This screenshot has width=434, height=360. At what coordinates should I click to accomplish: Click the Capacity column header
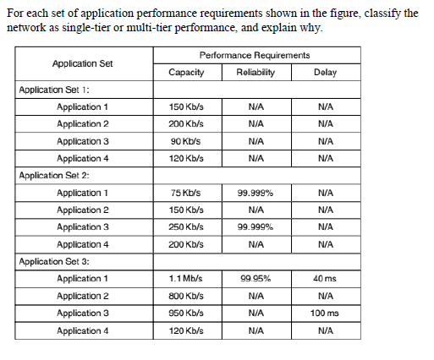point(186,73)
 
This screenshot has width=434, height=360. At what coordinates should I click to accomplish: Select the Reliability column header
point(255,73)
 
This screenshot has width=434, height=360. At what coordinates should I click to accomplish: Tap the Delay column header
point(325,73)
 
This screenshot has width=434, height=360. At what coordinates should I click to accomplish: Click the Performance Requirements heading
point(255,56)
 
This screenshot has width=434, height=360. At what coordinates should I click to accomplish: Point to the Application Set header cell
point(83,64)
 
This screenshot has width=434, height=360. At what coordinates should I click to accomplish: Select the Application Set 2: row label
point(54,176)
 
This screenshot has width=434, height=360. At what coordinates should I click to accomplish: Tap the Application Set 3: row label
point(54,261)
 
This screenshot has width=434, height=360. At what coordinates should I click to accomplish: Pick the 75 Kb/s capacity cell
point(186,193)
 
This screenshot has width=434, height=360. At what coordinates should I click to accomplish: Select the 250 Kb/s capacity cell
point(186,227)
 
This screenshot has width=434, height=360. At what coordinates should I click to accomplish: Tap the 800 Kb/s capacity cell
point(186,296)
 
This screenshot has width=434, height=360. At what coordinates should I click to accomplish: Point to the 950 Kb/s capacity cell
point(186,314)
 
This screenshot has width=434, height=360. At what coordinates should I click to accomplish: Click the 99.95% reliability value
point(255,279)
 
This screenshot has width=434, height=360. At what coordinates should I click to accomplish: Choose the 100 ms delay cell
point(325,314)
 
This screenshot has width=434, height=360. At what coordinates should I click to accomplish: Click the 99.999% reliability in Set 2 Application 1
point(255,193)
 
